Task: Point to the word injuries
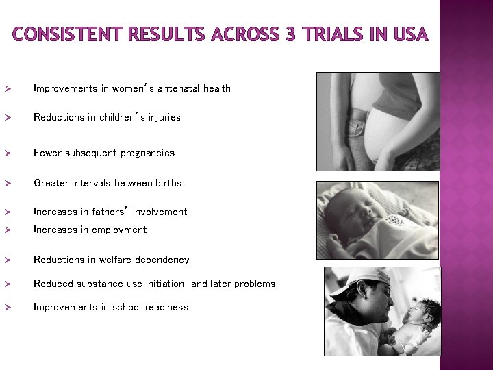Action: coord(164,117)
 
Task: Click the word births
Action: coord(167,183)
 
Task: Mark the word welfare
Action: coord(115,260)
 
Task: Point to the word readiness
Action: coord(165,307)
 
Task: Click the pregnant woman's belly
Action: coord(383,134)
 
